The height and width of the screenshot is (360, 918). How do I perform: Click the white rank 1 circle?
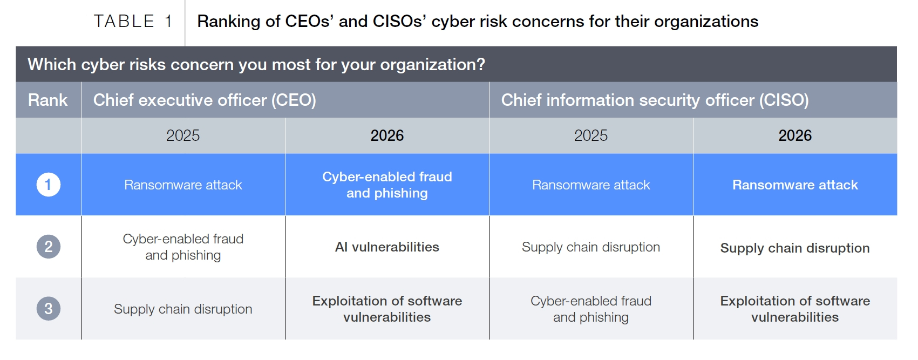pos(49,185)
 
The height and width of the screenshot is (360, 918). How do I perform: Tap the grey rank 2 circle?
pos(49,247)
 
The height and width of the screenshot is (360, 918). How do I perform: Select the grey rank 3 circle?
pos(49,308)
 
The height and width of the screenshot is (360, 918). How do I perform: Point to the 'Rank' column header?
pos(47,100)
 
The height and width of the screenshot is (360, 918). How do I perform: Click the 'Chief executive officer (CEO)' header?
pos(205,100)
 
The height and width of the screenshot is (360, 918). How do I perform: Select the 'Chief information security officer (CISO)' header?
pos(655,100)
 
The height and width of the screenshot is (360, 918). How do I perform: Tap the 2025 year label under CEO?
pos(183,135)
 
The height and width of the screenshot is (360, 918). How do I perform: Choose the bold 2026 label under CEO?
pos(387,135)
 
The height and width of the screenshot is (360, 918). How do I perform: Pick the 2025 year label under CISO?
pos(590,135)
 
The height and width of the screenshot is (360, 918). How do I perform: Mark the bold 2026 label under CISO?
pos(795,135)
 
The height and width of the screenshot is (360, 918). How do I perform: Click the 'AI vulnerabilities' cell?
pos(387,247)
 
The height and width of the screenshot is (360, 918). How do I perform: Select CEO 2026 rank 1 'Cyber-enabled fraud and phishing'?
pos(387,185)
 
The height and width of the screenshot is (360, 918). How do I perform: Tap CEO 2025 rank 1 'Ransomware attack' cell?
pos(183,185)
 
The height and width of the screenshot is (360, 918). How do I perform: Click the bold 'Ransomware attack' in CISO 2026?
pos(795,185)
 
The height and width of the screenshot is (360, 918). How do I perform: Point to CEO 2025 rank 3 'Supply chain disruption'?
pos(183,309)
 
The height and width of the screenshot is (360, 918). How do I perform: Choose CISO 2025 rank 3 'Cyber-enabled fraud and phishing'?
pos(590,309)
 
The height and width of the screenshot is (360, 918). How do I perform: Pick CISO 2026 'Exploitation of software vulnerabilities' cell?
pos(795,309)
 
